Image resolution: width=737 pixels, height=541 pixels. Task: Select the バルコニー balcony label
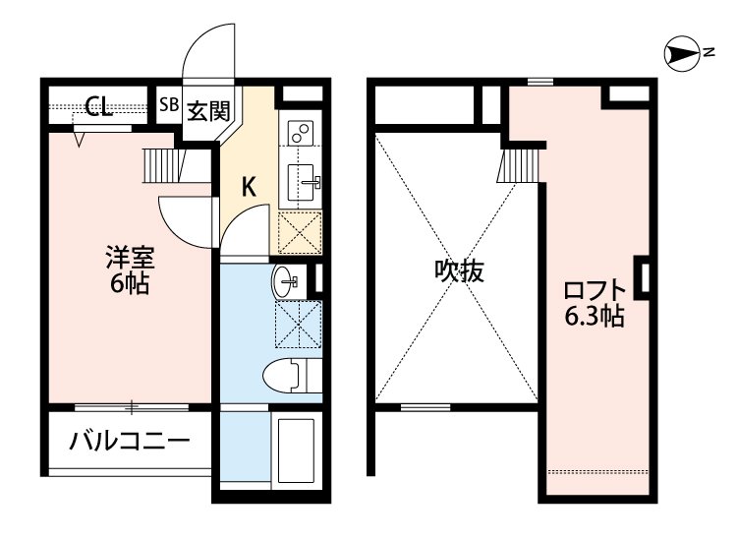[129, 440]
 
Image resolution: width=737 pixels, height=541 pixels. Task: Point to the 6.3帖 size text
[594, 317]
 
